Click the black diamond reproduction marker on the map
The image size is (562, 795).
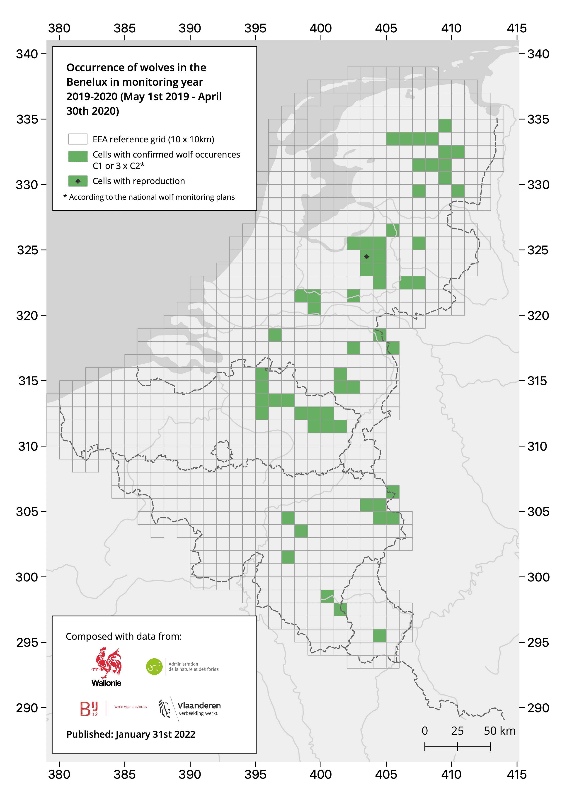pos(366,257)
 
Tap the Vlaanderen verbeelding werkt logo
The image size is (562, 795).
pos(190,708)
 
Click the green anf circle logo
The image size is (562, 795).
pos(154,666)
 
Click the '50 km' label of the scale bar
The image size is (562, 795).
pos(499,731)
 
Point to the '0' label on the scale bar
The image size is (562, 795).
pos(425,731)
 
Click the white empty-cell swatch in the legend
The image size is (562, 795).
pos(78,139)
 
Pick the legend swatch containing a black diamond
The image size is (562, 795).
pos(78,181)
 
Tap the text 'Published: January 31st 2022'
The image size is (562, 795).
pos(131,734)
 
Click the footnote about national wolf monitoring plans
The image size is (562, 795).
pos(149,197)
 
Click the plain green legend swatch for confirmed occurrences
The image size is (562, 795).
pos(78,156)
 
